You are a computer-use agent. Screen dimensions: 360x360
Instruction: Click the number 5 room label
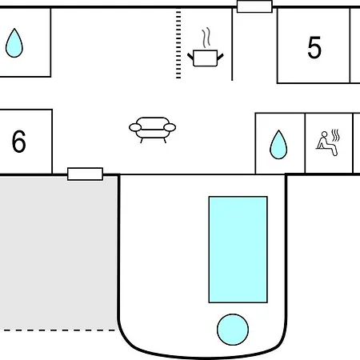click(314, 47)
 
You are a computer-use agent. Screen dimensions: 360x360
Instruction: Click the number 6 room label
click(19, 141)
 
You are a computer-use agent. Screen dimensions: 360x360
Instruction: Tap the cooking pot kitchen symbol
click(206, 58)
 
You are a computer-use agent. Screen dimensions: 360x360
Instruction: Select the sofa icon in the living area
click(152, 130)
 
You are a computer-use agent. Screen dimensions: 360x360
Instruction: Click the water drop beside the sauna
click(278, 145)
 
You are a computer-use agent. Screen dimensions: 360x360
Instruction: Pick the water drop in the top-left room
click(14, 43)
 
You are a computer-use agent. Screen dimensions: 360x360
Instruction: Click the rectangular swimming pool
click(238, 250)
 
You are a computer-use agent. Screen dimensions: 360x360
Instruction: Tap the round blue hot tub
click(233, 330)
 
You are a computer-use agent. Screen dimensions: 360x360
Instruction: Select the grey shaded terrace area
click(58, 253)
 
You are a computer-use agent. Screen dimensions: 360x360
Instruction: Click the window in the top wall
click(254, 6)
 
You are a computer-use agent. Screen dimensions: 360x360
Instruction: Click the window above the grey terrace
click(85, 174)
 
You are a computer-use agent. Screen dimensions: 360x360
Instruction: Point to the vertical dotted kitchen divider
click(178, 44)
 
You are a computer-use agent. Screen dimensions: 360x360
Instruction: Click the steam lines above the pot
click(206, 38)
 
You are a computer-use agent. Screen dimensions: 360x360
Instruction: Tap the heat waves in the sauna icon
click(336, 135)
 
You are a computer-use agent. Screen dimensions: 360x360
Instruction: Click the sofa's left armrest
click(135, 127)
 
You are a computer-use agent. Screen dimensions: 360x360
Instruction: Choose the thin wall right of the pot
click(232, 44)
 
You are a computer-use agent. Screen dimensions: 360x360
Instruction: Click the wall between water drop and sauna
click(305, 143)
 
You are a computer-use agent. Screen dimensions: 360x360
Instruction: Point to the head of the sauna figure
click(324, 134)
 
